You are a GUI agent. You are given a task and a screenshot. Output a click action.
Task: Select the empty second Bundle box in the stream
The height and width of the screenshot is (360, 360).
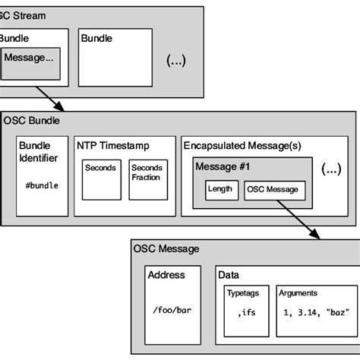[114, 61]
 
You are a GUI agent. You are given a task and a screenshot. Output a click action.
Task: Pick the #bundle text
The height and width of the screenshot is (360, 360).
[42, 185]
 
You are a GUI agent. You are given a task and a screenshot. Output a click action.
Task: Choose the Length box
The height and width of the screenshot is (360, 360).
[221, 188]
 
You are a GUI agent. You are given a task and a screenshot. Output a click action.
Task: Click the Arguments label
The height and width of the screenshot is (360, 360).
[298, 292]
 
